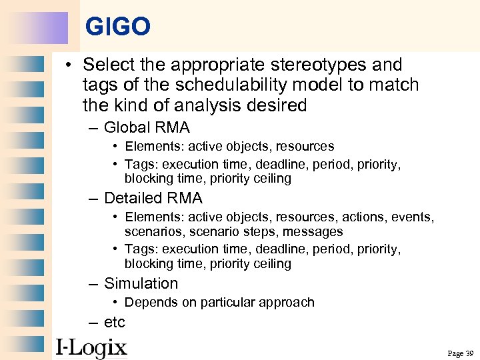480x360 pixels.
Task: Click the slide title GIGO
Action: click(118, 27)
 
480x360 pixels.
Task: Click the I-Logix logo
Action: click(91, 347)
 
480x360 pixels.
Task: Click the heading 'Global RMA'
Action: click(147, 127)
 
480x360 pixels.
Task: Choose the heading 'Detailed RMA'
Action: click(153, 198)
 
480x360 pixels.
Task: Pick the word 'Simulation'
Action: click(141, 283)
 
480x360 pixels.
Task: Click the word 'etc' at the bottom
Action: click(115, 322)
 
